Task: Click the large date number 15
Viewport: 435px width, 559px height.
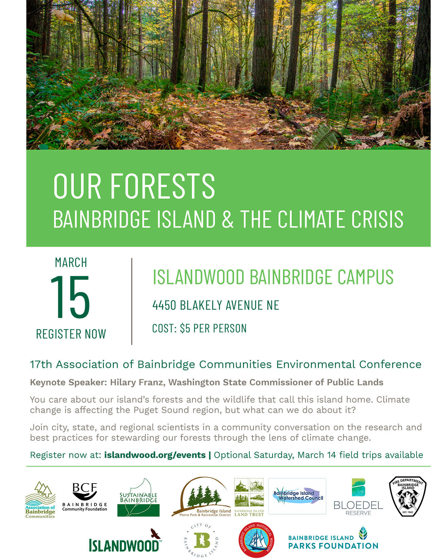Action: pyautogui.click(x=70, y=297)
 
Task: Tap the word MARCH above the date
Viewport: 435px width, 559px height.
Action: pyautogui.click(x=71, y=262)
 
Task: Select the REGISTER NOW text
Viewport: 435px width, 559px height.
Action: pyautogui.click(x=71, y=334)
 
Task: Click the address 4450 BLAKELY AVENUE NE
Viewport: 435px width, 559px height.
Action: pyautogui.click(x=216, y=305)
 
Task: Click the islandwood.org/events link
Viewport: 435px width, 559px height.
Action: pyautogui.click(x=155, y=455)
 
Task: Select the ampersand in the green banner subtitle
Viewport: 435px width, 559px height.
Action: pyautogui.click(x=228, y=219)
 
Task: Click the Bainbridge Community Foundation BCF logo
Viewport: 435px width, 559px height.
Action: pyautogui.click(x=85, y=496)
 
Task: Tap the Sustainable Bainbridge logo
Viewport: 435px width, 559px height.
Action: pyautogui.click(x=138, y=498)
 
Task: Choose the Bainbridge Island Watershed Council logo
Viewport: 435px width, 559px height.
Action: pyautogui.click(x=297, y=496)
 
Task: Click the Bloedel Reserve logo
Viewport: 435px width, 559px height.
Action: pyautogui.click(x=358, y=497)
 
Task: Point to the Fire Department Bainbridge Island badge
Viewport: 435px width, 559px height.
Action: pyautogui.click(x=407, y=496)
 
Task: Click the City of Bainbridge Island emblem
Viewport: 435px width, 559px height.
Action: pyautogui.click(x=201, y=540)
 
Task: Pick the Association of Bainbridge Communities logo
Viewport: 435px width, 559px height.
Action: pyautogui.click(x=40, y=499)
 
